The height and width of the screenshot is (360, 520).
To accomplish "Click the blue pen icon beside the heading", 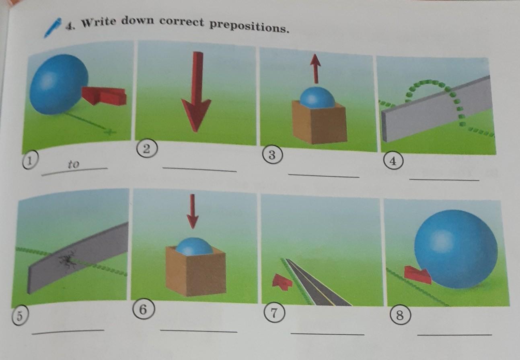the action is point(53,28).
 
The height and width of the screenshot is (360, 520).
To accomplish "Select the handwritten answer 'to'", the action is point(74,164).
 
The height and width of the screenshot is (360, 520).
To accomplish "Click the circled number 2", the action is point(146,149).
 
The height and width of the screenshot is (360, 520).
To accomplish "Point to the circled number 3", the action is point(273,155).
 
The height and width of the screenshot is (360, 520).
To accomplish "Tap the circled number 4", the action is point(393,161).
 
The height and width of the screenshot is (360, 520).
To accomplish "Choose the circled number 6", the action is point(143,309).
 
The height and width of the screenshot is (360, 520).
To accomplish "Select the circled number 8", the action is point(400,315).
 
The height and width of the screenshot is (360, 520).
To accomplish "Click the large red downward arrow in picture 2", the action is point(196,92).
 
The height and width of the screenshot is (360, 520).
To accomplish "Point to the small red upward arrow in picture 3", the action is point(315,69).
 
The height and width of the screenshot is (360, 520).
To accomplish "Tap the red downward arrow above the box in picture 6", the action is point(193,211).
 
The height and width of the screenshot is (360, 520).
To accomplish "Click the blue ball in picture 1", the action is point(59,84).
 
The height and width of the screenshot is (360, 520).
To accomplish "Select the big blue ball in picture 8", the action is point(456,250).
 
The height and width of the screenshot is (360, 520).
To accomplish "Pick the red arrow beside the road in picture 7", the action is point(282,281).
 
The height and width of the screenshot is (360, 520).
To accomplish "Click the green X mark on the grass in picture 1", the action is point(110,132).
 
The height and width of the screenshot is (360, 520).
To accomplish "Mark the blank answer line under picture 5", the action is point(68,332).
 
